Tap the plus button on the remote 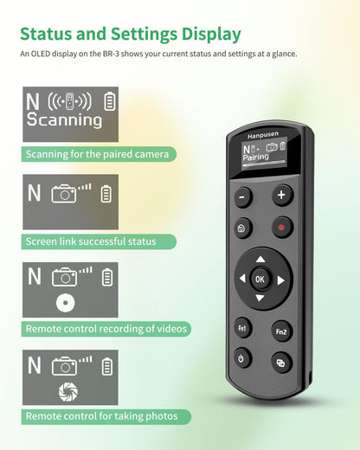282,196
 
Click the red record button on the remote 281,230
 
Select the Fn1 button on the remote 243,328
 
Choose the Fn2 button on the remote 282,331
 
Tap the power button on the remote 242,359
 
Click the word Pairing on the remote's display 255,158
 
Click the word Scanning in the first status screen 64,120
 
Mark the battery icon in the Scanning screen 109,101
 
